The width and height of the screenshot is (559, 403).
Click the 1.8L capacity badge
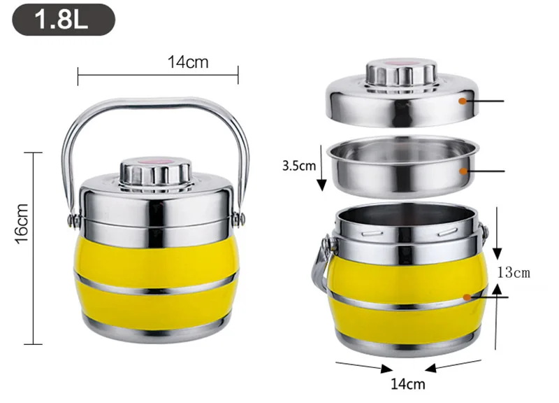64,20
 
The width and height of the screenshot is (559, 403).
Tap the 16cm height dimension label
22,224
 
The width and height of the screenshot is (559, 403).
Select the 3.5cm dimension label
299,166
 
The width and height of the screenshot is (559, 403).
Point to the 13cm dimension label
514,273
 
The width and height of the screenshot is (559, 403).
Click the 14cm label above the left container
188,62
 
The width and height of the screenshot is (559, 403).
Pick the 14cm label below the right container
408,384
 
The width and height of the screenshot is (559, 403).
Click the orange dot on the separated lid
463,101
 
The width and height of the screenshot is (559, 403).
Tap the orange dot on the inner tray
463,171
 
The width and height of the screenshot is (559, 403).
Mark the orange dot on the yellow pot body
467,297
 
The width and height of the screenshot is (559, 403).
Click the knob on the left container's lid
156,174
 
